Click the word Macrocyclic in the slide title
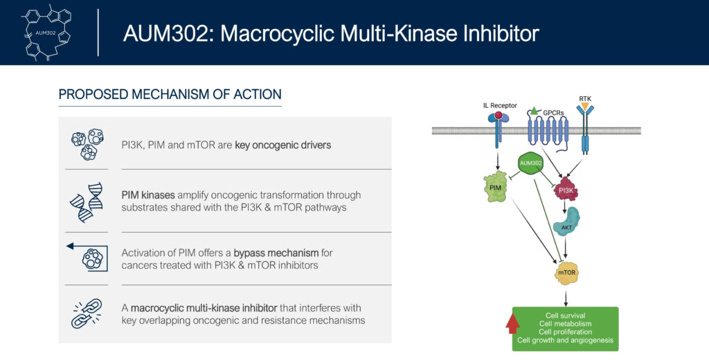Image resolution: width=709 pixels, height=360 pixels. (x=280, y=33)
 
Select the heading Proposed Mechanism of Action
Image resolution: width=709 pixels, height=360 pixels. (x=170, y=94)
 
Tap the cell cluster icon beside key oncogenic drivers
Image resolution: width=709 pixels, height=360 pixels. (x=87, y=144)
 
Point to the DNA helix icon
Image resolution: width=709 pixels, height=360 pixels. (x=87, y=202)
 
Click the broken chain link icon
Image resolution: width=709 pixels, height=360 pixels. (x=87, y=314)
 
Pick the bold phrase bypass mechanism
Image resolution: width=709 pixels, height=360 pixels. (x=277, y=253)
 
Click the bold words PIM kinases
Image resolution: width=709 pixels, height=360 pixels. (x=148, y=195)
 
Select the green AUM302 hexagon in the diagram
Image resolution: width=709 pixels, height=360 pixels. (x=531, y=163)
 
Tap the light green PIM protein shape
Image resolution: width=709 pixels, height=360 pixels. (x=496, y=186)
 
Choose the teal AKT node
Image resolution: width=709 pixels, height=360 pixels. (x=566, y=222)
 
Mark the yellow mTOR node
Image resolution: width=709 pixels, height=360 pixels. (x=566, y=273)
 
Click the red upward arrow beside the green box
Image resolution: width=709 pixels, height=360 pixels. (x=512, y=323)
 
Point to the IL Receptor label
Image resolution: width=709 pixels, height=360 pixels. (x=500, y=105)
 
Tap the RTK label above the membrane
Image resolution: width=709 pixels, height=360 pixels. (x=584, y=98)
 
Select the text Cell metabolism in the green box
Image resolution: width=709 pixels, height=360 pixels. (x=565, y=324)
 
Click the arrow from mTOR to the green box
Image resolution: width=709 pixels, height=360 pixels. (x=566, y=299)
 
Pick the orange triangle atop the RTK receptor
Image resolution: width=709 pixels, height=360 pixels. (x=584, y=107)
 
